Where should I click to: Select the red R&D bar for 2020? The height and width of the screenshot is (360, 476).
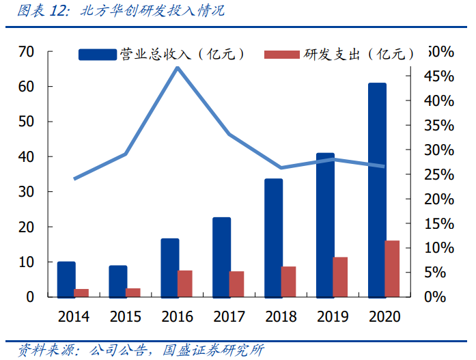coord(392,269)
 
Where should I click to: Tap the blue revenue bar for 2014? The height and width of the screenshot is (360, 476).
coord(66,279)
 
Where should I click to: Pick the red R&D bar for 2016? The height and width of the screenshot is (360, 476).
coord(185,283)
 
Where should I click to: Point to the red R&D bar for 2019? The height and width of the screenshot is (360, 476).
coord(340,277)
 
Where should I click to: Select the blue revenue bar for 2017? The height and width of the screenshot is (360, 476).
coord(222,257)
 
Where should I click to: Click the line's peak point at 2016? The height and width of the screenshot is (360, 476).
coord(178,67)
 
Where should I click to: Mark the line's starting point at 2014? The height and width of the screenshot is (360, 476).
coord(74,178)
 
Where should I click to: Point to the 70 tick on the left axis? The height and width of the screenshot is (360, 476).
coord(26,52)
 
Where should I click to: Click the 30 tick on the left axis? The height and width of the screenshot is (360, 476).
coord(26,192)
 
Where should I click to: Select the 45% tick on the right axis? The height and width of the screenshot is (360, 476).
coord(436,76)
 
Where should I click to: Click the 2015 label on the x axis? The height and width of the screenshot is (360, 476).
coord(126,316)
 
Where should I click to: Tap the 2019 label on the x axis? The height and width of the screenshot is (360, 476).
coord(333,316)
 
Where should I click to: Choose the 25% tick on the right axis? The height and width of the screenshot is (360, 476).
coord(436,174)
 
